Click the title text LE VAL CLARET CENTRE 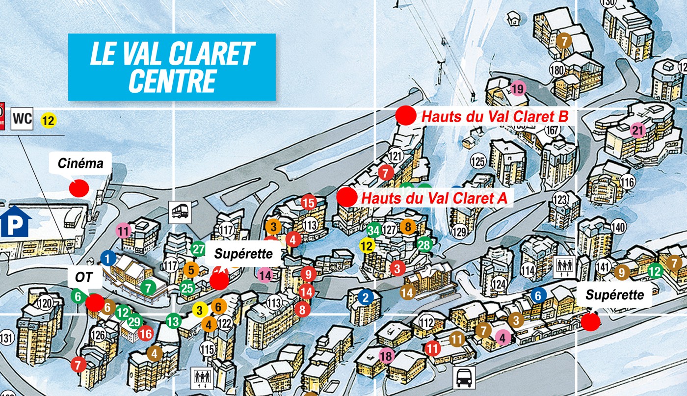point(172,67)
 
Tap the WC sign point(22,119)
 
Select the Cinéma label point(81,163)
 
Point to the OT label point(84,277)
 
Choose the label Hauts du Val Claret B point(495,117)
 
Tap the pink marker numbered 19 point(517,89)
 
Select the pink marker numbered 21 point(638,131)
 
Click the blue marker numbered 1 point(108,258)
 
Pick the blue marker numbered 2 point(365,297)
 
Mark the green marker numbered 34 point(373,230)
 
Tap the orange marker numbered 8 point(407,227)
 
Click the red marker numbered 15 point(309,202)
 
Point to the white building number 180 point(557,70)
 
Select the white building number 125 point(477,161)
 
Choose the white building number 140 point(618,227)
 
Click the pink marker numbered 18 point(387,356)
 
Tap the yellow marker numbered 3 point(199,310)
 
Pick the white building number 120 point(45,303)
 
